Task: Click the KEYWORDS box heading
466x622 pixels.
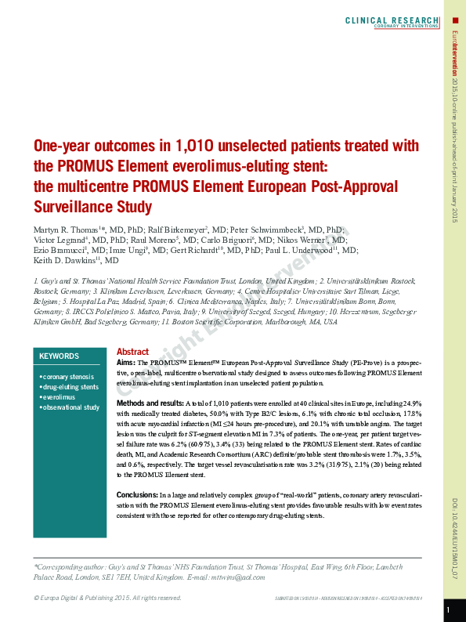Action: point(60,356)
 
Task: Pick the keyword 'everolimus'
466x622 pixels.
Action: point(60,397)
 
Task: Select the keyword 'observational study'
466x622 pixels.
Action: point(71,407)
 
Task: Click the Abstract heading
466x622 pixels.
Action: point(132,352)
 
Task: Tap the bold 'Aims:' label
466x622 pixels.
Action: point(126,363)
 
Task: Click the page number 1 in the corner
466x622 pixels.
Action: point(448,609)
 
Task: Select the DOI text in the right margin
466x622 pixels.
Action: point(455,533)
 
